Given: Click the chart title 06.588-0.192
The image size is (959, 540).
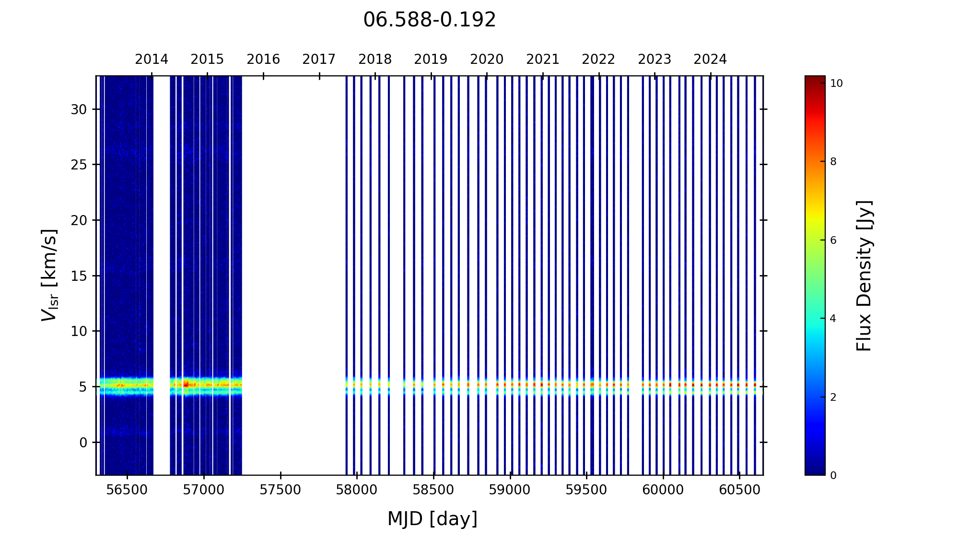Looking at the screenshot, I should point(429,20).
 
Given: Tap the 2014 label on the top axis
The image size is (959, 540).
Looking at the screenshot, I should point(152,60).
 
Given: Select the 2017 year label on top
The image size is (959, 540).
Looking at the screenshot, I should point(319,60).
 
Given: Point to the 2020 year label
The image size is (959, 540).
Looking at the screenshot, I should point(487,60).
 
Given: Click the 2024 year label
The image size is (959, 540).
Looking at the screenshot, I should point(710,60).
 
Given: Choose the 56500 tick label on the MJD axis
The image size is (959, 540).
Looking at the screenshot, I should point(127,490).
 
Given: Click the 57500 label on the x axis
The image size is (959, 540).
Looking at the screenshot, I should point(281,490).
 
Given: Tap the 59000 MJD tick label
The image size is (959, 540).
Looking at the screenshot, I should point(510,490).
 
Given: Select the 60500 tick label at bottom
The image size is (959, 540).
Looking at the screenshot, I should point(739,490).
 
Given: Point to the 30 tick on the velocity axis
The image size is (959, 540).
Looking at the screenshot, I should point(79,110).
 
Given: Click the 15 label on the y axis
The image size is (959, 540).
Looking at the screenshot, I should point(79,276).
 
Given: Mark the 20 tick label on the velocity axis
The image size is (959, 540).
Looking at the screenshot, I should point(79,221).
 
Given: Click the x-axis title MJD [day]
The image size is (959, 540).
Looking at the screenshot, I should point(433,519).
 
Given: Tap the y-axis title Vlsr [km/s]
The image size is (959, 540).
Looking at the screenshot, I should point(49,275).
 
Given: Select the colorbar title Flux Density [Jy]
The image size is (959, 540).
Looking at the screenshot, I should point(864,276).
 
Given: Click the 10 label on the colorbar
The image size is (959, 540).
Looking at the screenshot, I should point(836,84).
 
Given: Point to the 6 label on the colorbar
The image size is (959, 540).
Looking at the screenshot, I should point(833,240).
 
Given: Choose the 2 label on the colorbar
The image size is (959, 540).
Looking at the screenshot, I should point(833,397).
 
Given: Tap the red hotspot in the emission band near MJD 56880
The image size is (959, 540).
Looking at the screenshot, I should point(186,384).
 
